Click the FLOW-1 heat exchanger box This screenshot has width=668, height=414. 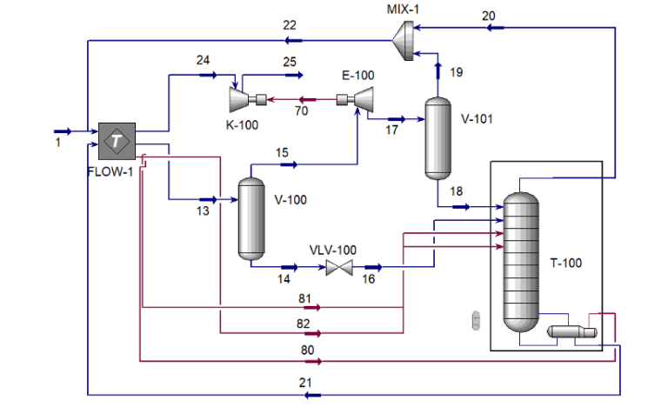click(x=117, y=141)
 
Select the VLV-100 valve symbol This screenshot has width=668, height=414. click(x=339, y=268)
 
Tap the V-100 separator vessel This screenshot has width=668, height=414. click(x=251, y=218)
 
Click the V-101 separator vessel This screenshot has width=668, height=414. click(x=438, y=138)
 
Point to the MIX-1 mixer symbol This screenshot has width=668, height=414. click(x=403, y=41)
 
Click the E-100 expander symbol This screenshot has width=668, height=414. click(x=355, y=100)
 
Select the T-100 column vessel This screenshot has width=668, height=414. click(x=521, y=262)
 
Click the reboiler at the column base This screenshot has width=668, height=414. click(x=571, y=331)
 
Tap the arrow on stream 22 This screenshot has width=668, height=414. click(x=293, y=41)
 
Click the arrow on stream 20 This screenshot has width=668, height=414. click(x=495, y=28)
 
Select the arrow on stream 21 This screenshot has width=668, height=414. click(x=313, y=395)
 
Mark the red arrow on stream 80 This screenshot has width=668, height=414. click(x=313, y=362)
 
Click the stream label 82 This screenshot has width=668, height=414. click(x=303, y=324)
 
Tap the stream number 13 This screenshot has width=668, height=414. click(x=203, y=210)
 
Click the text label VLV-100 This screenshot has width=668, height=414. click(x=333, y=250)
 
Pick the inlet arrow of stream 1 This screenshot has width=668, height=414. click(x=63, y=131)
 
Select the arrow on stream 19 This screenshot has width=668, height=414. click(x=438, y=70)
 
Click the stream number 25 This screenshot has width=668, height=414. click(x=290, y=62)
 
